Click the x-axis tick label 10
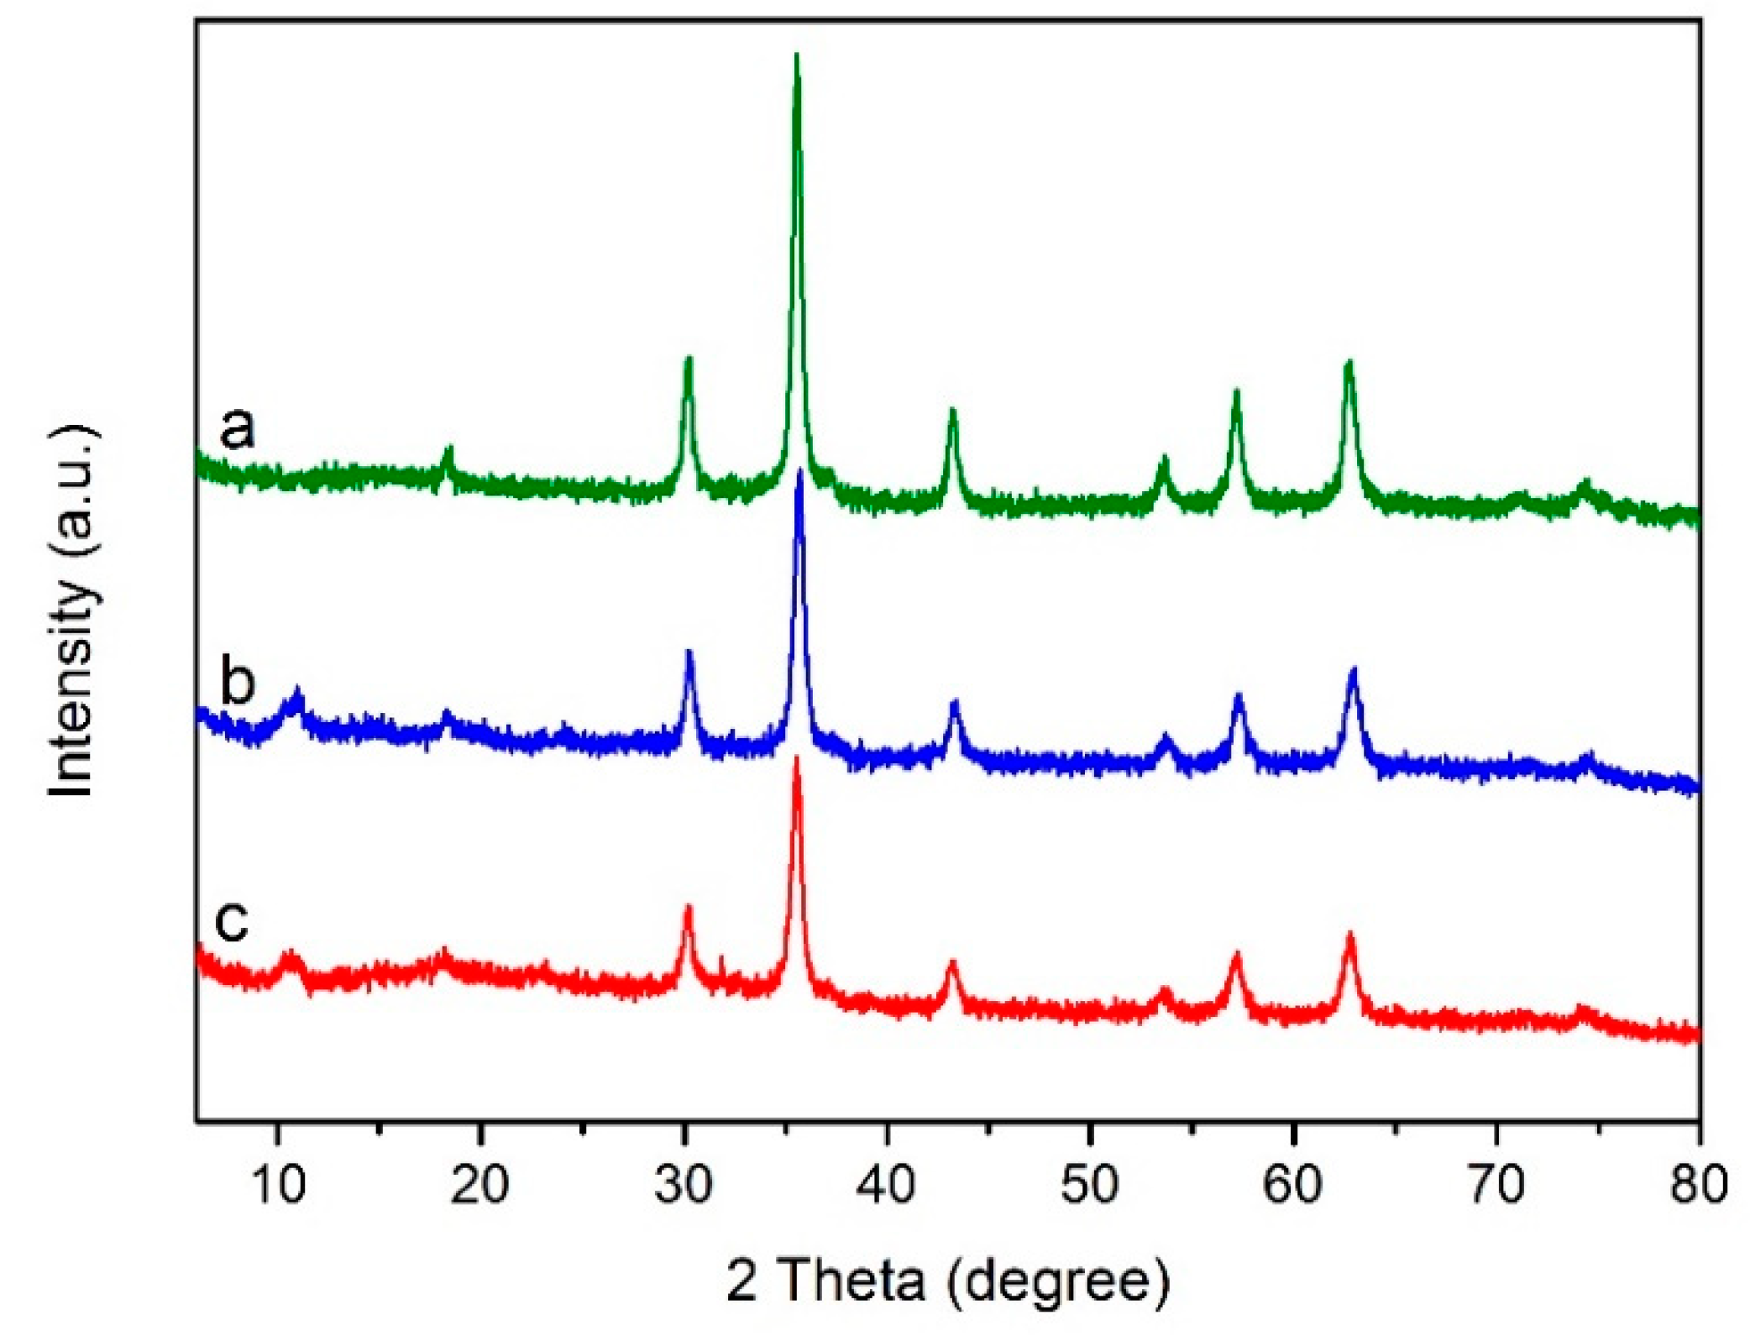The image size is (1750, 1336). (x=276, y=1185)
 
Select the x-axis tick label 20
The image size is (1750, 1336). (x=479, y=1185)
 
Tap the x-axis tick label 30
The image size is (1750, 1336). (x=684, y=1185)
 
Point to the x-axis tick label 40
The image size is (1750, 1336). (x=887, y=1185)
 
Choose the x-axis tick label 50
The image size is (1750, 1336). (x=1090, y=1185)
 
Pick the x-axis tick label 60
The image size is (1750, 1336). (x=1293, y=1185)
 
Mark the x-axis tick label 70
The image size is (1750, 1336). (x=1497, y=1185)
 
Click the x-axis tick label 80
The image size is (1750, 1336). (x=1699, y=1185)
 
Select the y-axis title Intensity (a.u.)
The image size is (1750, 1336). (x=74, y=611)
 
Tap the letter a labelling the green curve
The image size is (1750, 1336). (x=237, y=427)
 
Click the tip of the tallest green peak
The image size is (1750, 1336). (x=796, y=55)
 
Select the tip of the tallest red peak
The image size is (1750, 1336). (x=797, y=758)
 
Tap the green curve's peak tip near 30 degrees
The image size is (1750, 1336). (x=689, y=359)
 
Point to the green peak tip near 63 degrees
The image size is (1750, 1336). (x=1349, y=363)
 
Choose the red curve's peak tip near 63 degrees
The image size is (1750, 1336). (x=1350, y=935)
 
